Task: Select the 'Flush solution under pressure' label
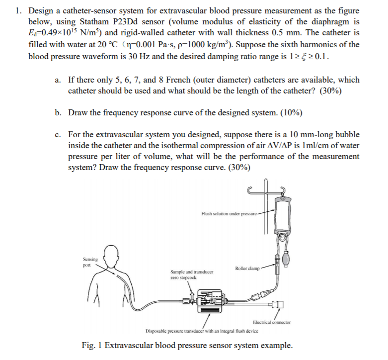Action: pyautogui.click(x=229, y=213)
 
